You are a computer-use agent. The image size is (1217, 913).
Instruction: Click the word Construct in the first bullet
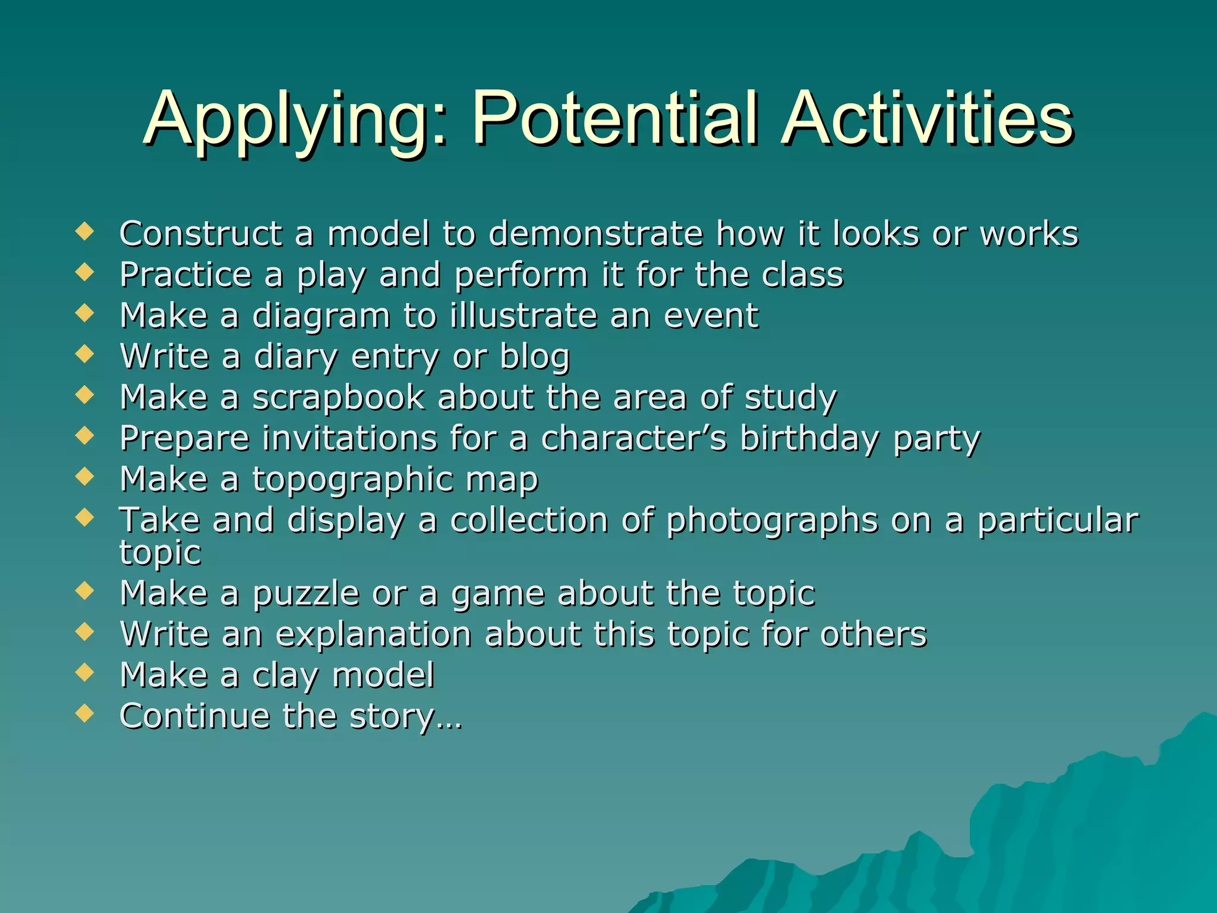201,233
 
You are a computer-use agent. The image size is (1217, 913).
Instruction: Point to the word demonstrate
595,233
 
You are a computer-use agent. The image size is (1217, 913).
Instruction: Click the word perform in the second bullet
521,275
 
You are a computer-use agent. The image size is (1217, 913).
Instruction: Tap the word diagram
321,316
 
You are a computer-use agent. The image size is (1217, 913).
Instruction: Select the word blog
534,357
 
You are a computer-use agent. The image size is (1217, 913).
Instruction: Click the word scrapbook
339,397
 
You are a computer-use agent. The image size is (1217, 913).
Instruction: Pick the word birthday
809,439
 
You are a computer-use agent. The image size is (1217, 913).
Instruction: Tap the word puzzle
305,594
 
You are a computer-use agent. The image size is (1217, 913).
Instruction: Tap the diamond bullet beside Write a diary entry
85,354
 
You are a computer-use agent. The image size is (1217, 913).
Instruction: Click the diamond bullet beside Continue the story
85,713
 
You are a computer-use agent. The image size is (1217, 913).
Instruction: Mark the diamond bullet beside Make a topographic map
85,477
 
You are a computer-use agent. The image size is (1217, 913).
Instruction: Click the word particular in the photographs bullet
1058,521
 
